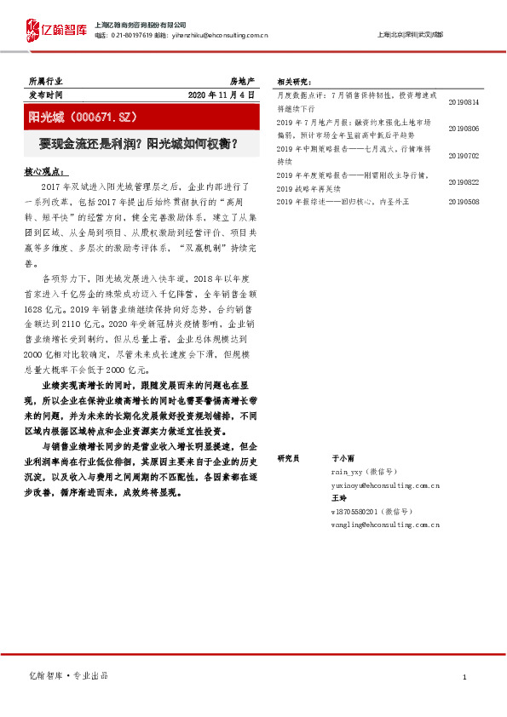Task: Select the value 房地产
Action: [242, 80]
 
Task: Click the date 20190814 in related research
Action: [464, 102]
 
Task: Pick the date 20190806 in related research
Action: [464, 128]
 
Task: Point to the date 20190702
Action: [464, 156]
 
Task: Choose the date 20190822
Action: [464, 182]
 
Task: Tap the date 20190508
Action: [464, 202]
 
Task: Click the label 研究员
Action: [291, 458]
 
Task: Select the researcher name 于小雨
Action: [343, 458]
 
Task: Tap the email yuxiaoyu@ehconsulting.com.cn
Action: [385, 485]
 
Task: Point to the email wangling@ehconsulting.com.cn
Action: [385, 525]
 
